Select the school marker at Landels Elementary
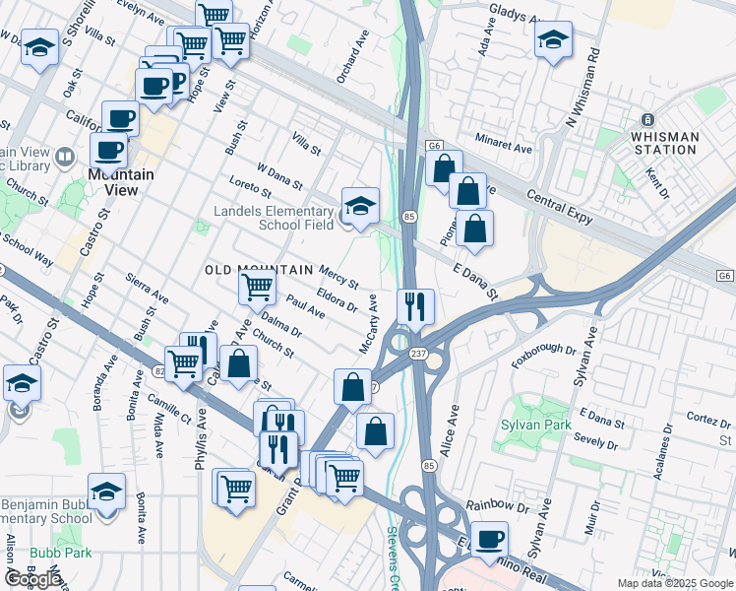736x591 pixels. (x=360, y=205)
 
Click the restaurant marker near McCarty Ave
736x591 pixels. (x=415, y=305)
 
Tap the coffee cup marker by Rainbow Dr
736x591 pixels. (x=489, y=538)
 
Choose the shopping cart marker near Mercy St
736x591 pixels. (x=257, y=287)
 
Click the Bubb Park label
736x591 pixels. (x=60, y=553)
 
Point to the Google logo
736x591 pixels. (x=33, y=579)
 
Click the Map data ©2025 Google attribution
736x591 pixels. (x=674, y=583)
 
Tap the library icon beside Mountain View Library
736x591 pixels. (x=64, y=156)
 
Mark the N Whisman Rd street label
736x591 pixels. (x=583, y=88)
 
